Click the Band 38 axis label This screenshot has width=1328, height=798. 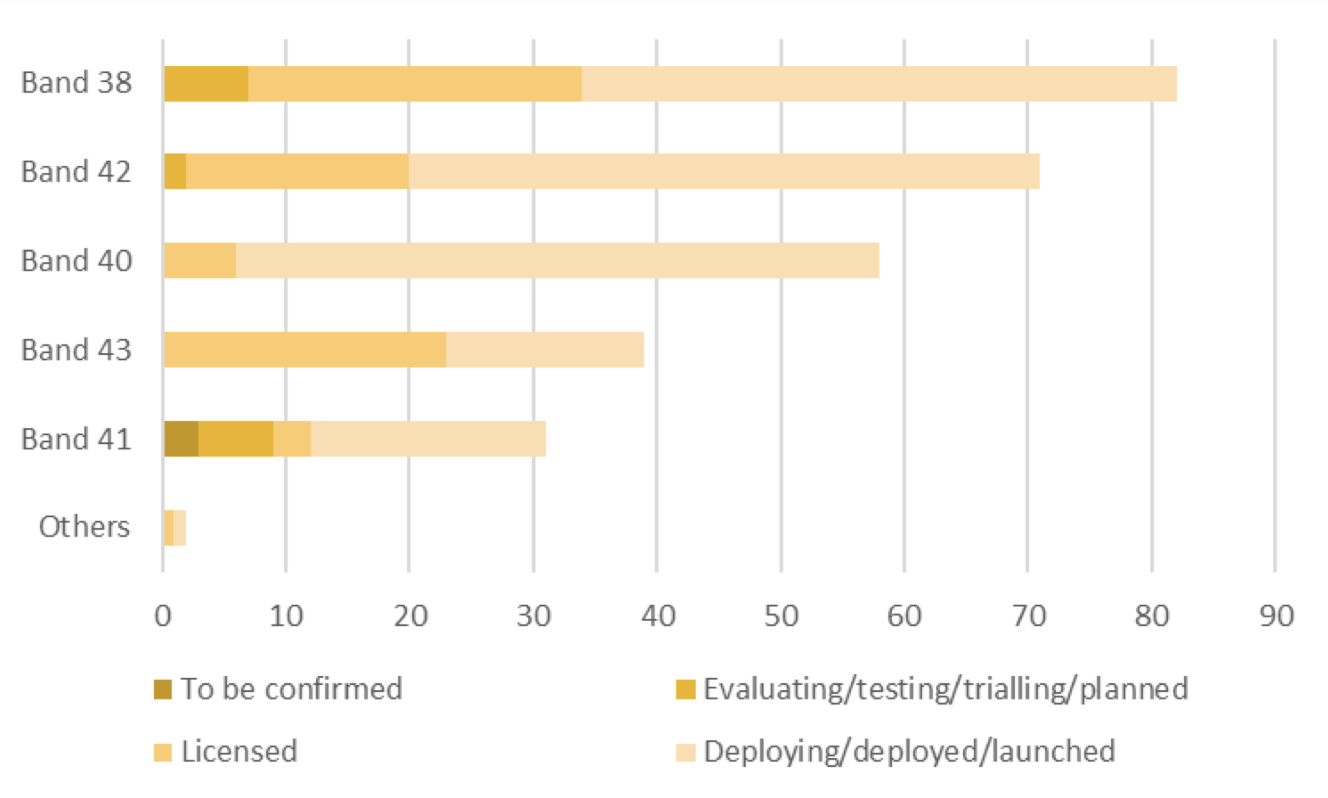coord(77,83)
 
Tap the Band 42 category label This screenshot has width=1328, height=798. coord(77,172)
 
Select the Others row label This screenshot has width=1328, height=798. coord(84,527)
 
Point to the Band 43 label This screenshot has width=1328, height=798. coord(77,350)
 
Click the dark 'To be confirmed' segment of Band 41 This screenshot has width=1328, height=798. coord(182,439)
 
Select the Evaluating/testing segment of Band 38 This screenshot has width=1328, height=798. coord(206,84)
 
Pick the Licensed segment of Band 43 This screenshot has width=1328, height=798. coord(305,350)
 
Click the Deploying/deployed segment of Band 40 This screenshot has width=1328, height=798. coord(557,261)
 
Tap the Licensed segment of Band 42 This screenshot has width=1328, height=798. coord(297,172)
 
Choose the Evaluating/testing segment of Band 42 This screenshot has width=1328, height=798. coord(176,172)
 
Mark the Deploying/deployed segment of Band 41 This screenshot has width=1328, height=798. coord(428,439)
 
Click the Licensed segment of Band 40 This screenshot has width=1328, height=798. coord(200,261)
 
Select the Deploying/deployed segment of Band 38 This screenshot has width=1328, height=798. coord(879,84)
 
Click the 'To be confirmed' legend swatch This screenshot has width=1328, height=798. coord(163,690)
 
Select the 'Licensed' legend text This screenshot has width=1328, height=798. coord(239,752)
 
